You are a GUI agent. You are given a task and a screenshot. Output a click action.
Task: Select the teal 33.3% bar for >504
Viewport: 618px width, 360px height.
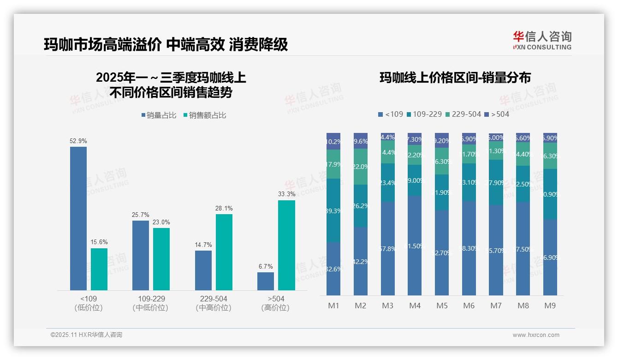pos(286,245)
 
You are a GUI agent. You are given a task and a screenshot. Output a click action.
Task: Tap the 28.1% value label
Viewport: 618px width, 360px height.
pos(224,209)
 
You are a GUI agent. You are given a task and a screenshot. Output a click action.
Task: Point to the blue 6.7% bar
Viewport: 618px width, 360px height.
pos(266,281)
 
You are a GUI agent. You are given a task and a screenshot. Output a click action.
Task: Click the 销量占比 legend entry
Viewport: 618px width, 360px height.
pos(159,115)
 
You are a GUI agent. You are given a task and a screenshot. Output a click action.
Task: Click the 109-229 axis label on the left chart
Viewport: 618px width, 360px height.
pos(151,299)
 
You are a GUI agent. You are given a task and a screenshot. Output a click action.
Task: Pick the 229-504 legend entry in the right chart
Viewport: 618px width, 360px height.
pos(463,114)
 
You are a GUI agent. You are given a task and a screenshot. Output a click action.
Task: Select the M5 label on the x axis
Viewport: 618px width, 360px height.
pos(442,306)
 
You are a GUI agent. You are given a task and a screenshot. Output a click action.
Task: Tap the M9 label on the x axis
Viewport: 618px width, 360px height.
pos(550,306)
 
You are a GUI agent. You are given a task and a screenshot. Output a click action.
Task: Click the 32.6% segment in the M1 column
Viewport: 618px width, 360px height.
pos(333,269)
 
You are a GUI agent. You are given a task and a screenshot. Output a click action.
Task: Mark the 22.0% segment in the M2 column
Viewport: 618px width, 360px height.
pos(361,167)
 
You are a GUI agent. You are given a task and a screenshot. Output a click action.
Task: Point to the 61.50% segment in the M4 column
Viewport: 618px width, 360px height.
pos(415,246)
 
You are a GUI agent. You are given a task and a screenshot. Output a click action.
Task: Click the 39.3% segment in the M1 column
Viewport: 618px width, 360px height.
pos(333,210)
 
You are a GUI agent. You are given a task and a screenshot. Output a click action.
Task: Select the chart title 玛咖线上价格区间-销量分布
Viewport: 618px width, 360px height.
pos(455,78)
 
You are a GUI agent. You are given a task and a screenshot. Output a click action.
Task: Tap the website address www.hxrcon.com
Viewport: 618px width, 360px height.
pos(536,335)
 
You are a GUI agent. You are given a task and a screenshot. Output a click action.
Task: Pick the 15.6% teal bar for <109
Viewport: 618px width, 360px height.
pos(99,269)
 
